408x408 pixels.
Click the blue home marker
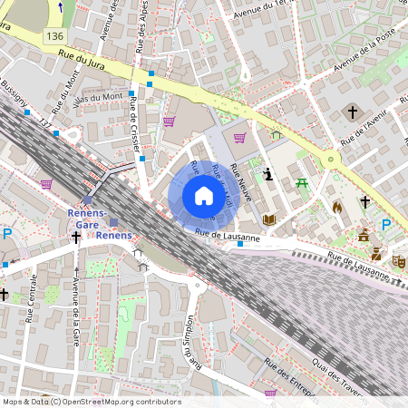click(x=203, y=196)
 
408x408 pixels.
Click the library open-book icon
click(x=268, y=219)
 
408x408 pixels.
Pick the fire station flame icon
click(x=337, y=207)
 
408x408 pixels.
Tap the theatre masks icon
click(x=398, y=260)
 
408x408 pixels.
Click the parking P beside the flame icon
click(x=386, y=224)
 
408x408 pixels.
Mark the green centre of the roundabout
click(x=331, y=159)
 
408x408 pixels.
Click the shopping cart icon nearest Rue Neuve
click(x=239, y=138)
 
